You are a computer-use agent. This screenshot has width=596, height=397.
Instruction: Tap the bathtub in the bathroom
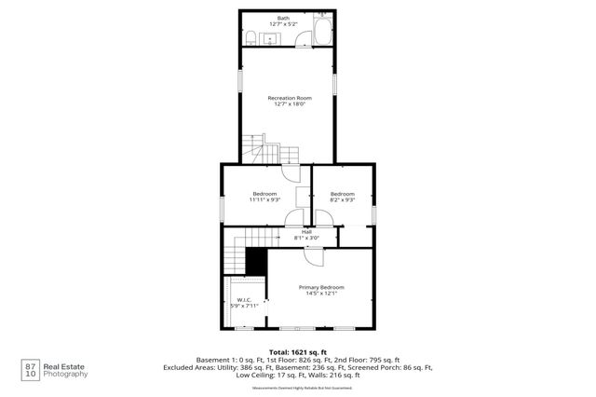[x=320, y=32]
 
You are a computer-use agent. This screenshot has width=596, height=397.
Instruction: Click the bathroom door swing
[x=304, y=38]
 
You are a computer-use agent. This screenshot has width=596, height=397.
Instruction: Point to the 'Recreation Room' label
[x=289, y=97]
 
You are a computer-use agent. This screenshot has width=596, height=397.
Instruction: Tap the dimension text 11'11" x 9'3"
[x=264, y=199]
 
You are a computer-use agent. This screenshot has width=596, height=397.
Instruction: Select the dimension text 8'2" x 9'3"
[x=343, y=199]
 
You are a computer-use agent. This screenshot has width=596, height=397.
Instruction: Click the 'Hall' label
[x=305, y=231]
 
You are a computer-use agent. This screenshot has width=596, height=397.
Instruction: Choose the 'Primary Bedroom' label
[x=321, y=287]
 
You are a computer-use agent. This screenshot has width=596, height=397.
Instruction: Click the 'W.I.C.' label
[x=244, y=299]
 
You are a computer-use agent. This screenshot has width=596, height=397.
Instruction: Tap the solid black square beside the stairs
[x=256, y=262]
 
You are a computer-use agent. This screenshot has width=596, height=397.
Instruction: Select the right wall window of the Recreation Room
[x=337, y=78]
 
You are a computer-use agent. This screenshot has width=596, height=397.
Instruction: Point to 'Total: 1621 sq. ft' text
[x=297, y=351]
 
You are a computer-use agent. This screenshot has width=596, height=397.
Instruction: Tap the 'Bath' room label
[x=283, y=17]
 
